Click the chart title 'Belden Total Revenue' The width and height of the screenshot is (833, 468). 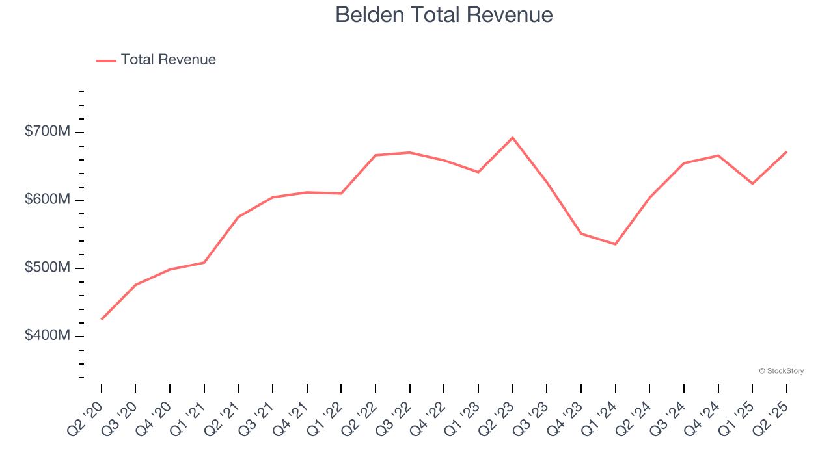click(444, 15)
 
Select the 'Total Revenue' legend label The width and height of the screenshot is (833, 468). click(168, 60)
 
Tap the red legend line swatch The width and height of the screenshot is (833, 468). click(106, 60)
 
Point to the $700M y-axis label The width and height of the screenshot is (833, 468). click(47, 132)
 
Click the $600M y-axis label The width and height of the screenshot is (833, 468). click(47, 200)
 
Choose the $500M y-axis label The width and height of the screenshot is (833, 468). click(47, 268)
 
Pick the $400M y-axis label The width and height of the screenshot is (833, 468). click(47, 335)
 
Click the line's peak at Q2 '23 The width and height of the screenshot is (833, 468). click(513, 138)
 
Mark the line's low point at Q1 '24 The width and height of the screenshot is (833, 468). click(616, 244)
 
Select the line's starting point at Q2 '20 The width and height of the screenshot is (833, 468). click(102, 319)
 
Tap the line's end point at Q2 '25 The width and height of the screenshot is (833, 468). click(787, 152)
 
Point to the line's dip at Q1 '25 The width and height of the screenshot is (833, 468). click(752, 184)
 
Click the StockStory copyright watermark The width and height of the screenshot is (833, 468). click(781, 371)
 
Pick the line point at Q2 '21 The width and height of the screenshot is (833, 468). click(239, 217)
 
